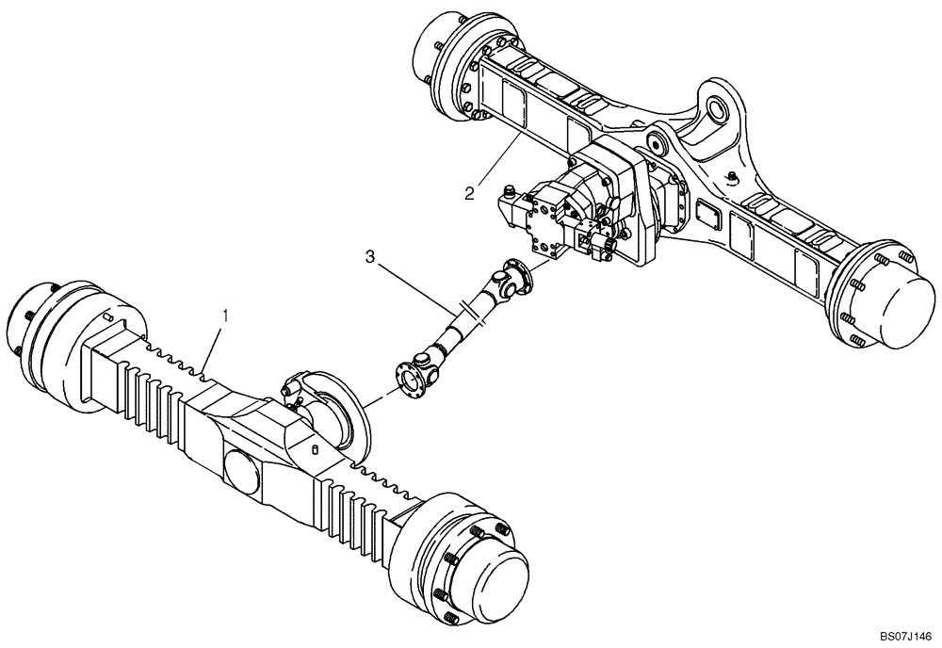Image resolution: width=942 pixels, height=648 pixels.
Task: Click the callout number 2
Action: [468, 194]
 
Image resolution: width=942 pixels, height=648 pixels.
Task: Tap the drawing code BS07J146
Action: [900, 637]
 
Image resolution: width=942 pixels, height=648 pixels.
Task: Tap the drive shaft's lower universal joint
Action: [429, 358]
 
